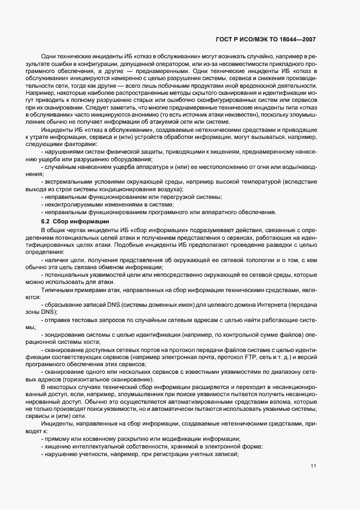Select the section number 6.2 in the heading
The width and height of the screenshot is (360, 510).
45,221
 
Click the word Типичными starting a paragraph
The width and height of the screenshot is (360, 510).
55,290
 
